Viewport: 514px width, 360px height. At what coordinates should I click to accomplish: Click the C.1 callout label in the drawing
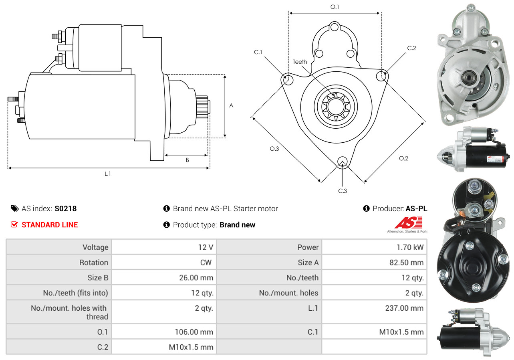click(x=258, y=52)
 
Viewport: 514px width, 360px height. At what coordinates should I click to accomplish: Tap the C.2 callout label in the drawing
click(x=411, y=48)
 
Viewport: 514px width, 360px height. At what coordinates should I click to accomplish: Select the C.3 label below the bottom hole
click(x=342, y=191)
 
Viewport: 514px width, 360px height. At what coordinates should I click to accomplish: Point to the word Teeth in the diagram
click(x=300, y=62)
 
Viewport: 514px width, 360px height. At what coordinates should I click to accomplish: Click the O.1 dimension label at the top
click(x=335, y=7)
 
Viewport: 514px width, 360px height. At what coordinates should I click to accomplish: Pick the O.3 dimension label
click(x=274, y=149)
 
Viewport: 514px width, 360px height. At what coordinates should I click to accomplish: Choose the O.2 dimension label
click(x=403, y=158)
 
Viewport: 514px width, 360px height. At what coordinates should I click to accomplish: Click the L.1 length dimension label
click(x=108, y=174)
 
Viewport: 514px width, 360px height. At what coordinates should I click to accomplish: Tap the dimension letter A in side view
click(x=231, y=105)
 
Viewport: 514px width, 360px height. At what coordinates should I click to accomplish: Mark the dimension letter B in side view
click(x=187, y=160)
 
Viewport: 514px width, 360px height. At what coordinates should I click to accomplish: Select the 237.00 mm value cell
click(x=404, y=308)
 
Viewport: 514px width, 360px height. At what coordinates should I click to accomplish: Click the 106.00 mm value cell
click(x=194, y=332)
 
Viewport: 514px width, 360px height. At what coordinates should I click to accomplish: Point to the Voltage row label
click(x=95, y=247)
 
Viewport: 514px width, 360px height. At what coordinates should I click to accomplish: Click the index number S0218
click(x=66, y=208)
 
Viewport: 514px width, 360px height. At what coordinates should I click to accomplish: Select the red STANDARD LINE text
click(x=50, y=225)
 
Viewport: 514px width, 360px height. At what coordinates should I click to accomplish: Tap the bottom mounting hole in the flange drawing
click(x=342, y=162)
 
